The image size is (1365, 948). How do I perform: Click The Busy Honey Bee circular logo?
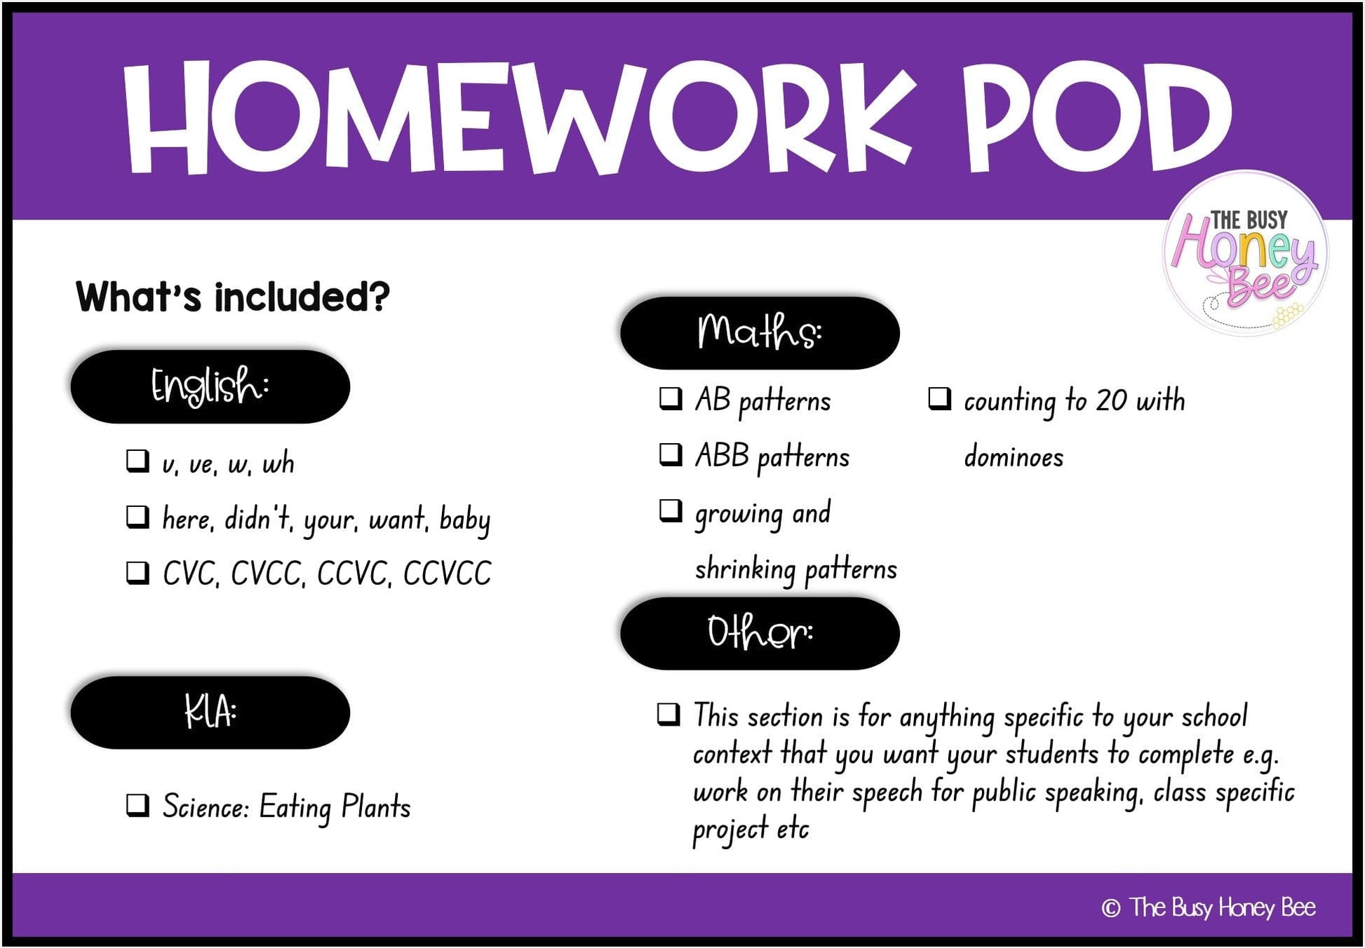pyautogui.click(x=1246, y=253)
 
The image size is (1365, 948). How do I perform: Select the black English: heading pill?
pyautogui.click(x=210, y=386)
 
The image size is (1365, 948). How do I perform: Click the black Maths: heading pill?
pyautogui.click(x=760, y=332)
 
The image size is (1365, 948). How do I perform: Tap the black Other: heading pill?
pyautogui.click(x=760, y=633)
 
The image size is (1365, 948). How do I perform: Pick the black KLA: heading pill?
pyautogui.click(x=210, y=712)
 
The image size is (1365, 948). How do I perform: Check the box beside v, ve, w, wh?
pyautogui.click(x=137, y=461)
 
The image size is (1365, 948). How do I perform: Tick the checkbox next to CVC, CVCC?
pyautogui.click(x=137, y=572)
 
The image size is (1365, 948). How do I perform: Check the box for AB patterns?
pyautogui.click(x=671, y=398)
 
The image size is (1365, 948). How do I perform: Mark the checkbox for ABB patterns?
pyautogui.click(x=671, y=454)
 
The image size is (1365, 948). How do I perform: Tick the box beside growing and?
pyautogui.click(x=671, y=510)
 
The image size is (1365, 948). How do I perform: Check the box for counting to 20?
pyautogui.click(x=939, y=398)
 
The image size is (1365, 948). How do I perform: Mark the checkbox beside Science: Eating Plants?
pyautogui.click(x=137, y=805)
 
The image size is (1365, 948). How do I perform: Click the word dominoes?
pyautogui.click(x=1014, y=456)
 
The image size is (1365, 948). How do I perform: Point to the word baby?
pyautogui.click(x=465, y=520)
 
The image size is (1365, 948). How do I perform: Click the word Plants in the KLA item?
pyautogui.click(x=376, y=806)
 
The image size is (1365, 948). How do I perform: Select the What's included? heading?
pyautogui.click(x=232, y=297)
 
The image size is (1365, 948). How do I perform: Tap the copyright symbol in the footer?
pyautogui.click(x=1110, y=908)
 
